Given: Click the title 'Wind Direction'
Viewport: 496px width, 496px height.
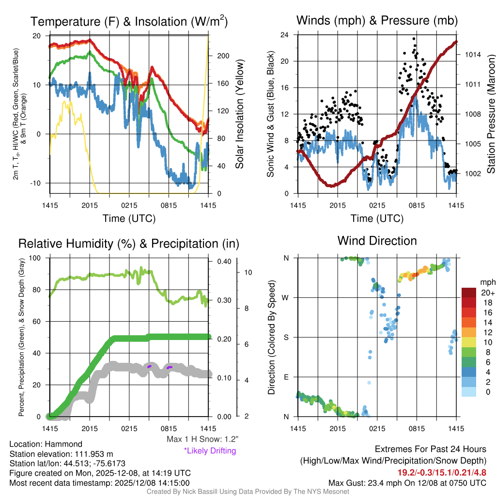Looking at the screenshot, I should (377, 241).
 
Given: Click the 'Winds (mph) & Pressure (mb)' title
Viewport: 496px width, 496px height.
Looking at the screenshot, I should (377, 21).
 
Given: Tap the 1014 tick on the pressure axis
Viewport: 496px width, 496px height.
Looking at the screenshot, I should (473, 54).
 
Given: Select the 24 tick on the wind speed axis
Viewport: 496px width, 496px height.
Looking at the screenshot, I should (285, 35).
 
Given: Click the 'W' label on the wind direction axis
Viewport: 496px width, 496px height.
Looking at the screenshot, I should (285, 297).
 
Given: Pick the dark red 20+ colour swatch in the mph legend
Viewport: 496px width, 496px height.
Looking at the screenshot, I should (470, 293).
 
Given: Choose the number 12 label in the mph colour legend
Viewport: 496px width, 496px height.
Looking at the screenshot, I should (487, 332).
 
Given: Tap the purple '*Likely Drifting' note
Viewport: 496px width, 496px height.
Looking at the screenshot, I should (210, 450).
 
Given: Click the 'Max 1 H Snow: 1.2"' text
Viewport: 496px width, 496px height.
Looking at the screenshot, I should (201, 439).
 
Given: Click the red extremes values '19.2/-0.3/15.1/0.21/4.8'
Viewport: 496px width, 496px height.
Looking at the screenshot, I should (442, 472).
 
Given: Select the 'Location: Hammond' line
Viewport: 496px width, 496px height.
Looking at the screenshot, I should (46, 444).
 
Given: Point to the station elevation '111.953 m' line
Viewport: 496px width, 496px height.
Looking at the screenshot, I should (61, 454).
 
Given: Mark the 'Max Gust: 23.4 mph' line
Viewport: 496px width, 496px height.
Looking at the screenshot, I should (407, 483).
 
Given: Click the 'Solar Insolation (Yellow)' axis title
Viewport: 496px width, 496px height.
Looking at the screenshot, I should (239, 114).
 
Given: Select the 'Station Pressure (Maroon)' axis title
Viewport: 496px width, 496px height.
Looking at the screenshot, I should (491, 114).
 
